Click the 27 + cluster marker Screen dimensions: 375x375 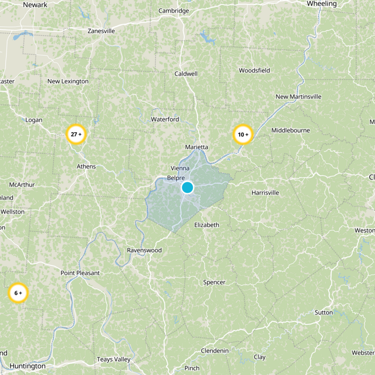point(75,135)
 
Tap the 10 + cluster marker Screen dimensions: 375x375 point(243,135)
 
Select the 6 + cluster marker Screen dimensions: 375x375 point(18,293)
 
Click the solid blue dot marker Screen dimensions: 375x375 point(187,188)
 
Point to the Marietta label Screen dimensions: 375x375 point(196,147)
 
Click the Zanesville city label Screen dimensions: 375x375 point(101,31)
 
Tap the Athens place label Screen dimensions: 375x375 point(86,166)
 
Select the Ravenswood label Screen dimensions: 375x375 point(144,250)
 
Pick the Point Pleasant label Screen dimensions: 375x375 point(81,273)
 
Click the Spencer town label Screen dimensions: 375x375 point(214,282)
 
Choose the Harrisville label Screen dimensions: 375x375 point(265,193)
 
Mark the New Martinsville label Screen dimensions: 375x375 point(299,97)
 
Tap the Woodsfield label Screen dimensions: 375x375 point(255,71)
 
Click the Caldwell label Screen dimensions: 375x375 point(186,74)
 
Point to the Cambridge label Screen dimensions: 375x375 point(173,11)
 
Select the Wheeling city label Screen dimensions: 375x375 point(322,4)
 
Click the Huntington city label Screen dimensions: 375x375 point(28,366)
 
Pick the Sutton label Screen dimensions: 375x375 point(324,312)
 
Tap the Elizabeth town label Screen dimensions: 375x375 point(207,225)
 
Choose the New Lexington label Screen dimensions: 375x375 point(68,81)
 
